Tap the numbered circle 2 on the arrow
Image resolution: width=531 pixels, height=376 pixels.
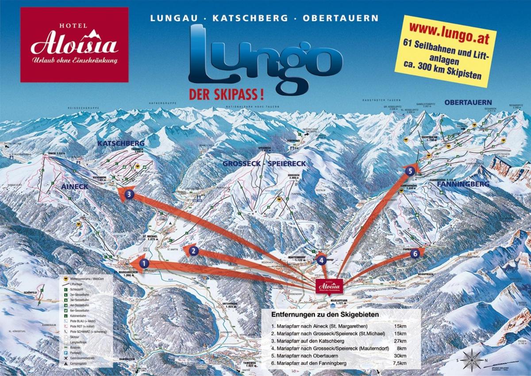coord(193,251)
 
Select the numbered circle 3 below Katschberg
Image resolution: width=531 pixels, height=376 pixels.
coord(129,194)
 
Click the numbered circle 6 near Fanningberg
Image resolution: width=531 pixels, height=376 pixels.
coord(414,254)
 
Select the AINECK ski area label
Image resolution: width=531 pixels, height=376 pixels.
coord(72,187)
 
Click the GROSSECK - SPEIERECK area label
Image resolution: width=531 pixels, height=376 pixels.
coord(264,163)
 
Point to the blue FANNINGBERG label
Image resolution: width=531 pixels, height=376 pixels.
coord(462,183)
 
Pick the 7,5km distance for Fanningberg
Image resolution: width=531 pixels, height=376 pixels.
coord(397,363)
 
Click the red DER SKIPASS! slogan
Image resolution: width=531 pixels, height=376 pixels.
coord(227,94)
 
